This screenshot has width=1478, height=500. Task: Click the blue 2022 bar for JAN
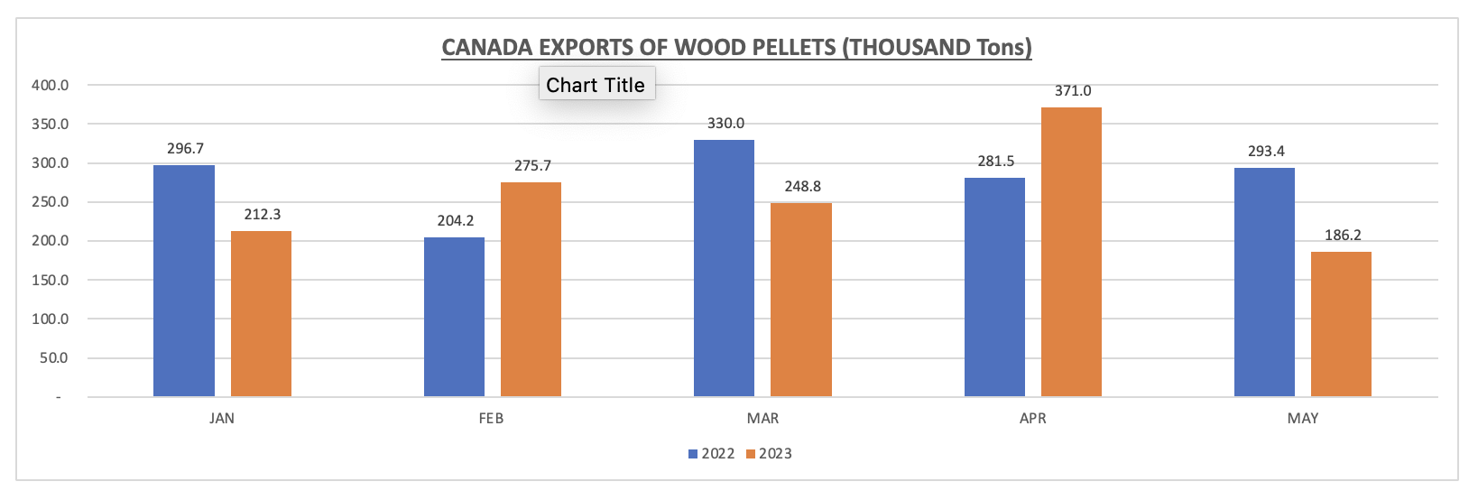pos(184,281)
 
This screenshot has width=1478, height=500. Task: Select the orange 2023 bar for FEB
pos(531,290)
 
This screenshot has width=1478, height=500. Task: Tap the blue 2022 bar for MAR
pos(724,268)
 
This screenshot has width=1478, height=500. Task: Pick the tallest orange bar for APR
pos(1071,252)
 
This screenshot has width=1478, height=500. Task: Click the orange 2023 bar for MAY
pos(1341,324)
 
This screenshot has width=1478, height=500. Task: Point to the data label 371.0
pos(1073,91)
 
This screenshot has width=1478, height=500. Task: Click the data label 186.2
pos(1343,236)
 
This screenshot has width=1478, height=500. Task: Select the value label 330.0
pos(725,124)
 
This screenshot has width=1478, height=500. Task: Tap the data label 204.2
pos(455,221)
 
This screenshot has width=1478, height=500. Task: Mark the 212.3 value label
pos(263,215)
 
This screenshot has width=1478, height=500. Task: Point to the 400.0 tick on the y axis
pos(51,86)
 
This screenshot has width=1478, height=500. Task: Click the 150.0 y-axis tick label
pos(51,281)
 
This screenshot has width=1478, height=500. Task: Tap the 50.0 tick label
pos(54,358)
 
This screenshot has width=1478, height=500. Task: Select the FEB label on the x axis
pos(492,419)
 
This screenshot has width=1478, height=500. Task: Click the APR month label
pos(1033,419)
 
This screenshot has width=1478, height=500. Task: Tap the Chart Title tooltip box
pos(596,85)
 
